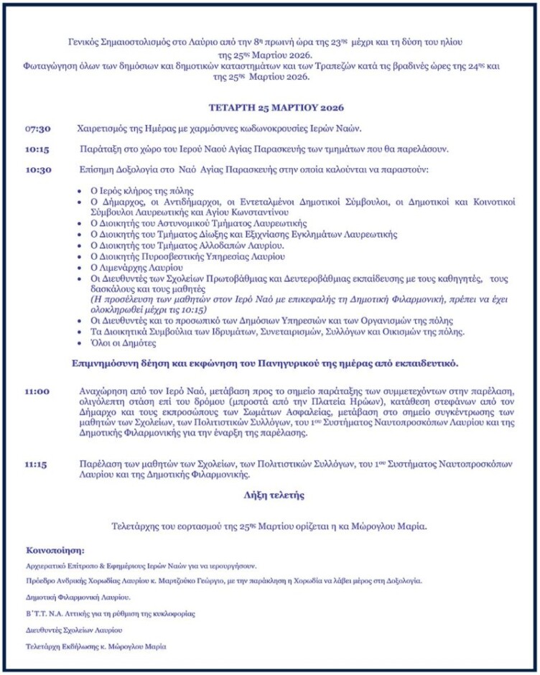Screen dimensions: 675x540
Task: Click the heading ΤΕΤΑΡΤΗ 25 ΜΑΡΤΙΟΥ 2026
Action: tap(277, 108)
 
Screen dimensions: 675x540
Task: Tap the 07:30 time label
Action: tap(38, 129)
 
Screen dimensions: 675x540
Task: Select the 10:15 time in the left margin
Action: tap(37, 149)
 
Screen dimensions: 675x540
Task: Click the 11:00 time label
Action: tap(37, 391)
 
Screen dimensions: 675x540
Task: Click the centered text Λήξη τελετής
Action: tap(274, 495)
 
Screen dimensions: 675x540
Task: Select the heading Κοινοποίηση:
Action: tap(55, 551)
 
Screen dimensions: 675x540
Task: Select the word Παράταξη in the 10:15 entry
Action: tap(101, 149)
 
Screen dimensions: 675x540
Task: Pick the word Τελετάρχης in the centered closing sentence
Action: tap(136, 526)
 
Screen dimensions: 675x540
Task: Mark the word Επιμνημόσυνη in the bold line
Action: tap(104, 363)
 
